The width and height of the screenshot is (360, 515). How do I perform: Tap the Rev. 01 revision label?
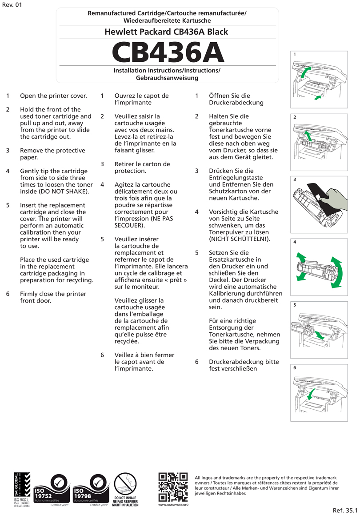(x=12, y=5)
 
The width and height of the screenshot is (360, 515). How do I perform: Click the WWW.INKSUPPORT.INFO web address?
(x=173, y=505)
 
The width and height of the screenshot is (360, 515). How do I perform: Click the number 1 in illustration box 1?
(x=294, y=54)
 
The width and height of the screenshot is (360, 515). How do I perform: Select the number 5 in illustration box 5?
(x=294, y=305)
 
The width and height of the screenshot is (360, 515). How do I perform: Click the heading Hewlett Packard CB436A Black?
(x=166, y=32)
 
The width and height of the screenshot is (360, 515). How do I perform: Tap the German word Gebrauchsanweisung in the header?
(x=167, y=78)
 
